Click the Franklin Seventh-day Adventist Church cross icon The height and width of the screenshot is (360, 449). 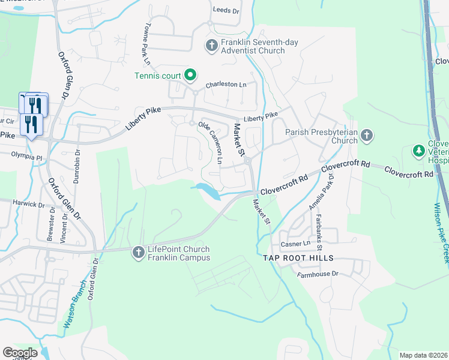pos(211,45)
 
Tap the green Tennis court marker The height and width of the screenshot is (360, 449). pos(190,75)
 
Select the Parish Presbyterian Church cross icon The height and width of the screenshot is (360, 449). pos(367,136)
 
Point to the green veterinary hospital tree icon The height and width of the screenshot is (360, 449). pos(418,150)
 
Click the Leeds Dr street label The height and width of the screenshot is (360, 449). pos(226,10)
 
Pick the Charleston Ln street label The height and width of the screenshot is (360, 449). pos(226,85)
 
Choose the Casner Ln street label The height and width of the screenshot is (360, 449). pos(295,244)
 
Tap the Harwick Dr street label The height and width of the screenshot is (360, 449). pos(28,204)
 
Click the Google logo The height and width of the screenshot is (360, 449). pos(19,352)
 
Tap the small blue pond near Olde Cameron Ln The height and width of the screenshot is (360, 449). pos(207,191)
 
